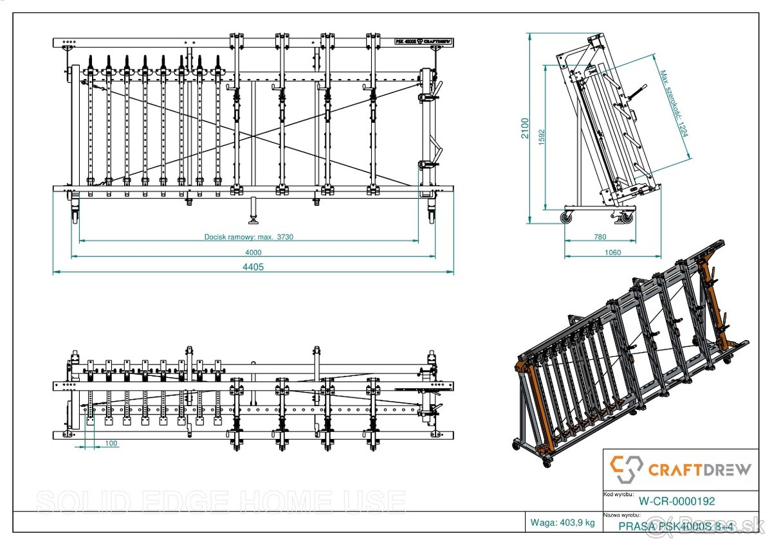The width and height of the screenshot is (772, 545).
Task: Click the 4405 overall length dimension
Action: pyautogui.click(x=253, y=267)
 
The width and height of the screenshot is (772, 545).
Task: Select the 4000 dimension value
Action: pyautogui.click(x=253, y=252)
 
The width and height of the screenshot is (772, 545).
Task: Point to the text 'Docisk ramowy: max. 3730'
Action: pyautogui.click(x=249, y=237)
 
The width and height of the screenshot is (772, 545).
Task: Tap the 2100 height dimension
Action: pyautogui.click(x=524, y=128)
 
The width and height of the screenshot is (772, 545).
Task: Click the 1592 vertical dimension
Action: pyautogui.click(x=542, y=136)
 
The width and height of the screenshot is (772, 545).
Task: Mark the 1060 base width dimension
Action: pyautogui.click(x=613, y=253)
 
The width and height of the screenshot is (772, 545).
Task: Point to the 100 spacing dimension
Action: pyautogui.click(x=111, y=443)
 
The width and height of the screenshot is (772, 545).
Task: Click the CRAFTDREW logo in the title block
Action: pyautogui.click(x=680, y=469)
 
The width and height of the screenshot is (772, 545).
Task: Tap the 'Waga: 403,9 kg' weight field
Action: pyautogui.click(x=562, y=523)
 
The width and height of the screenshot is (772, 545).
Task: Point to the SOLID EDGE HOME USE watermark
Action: pyautogui.click(x=221, y=502)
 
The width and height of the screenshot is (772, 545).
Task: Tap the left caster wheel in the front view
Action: pyautogui.click(x=75, y=213)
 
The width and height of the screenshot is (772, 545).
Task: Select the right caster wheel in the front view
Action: pyautogui.click(x=432, y=213)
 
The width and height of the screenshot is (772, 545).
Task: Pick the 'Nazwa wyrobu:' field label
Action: pyautogui.click(x=621, y=515)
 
